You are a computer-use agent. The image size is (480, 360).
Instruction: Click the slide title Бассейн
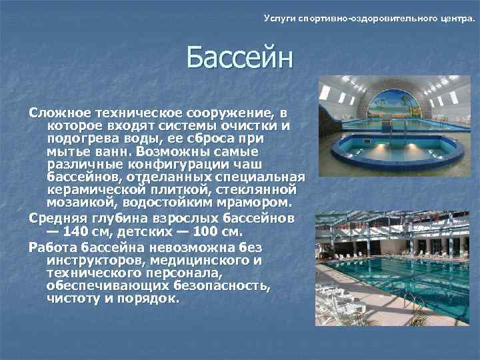pyautogui.click(x=239, y=58)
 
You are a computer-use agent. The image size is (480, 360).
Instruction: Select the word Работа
pyautogui.click(x=52, y=247)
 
